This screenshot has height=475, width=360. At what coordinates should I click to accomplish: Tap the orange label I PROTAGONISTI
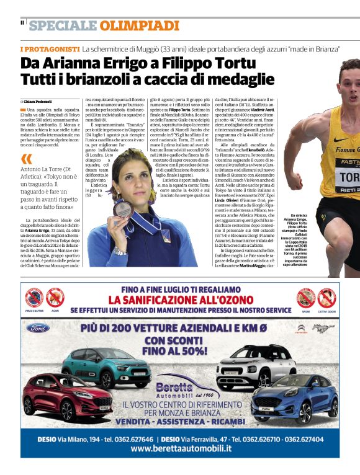tap(50, 48)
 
